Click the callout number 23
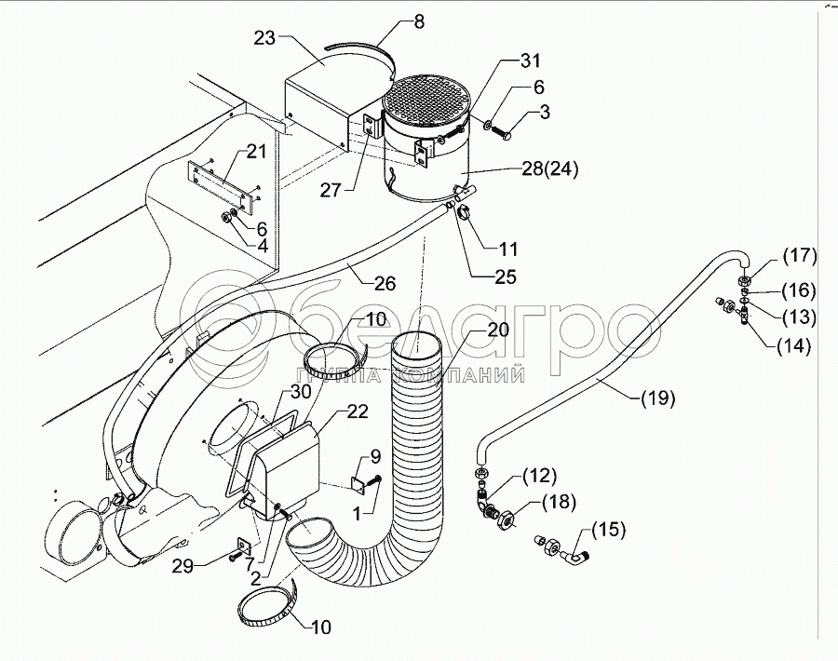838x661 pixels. coord(265,40)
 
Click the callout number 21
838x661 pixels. coord(257,151)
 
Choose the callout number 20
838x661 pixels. coord(498,330)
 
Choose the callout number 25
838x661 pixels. coord(506,277)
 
